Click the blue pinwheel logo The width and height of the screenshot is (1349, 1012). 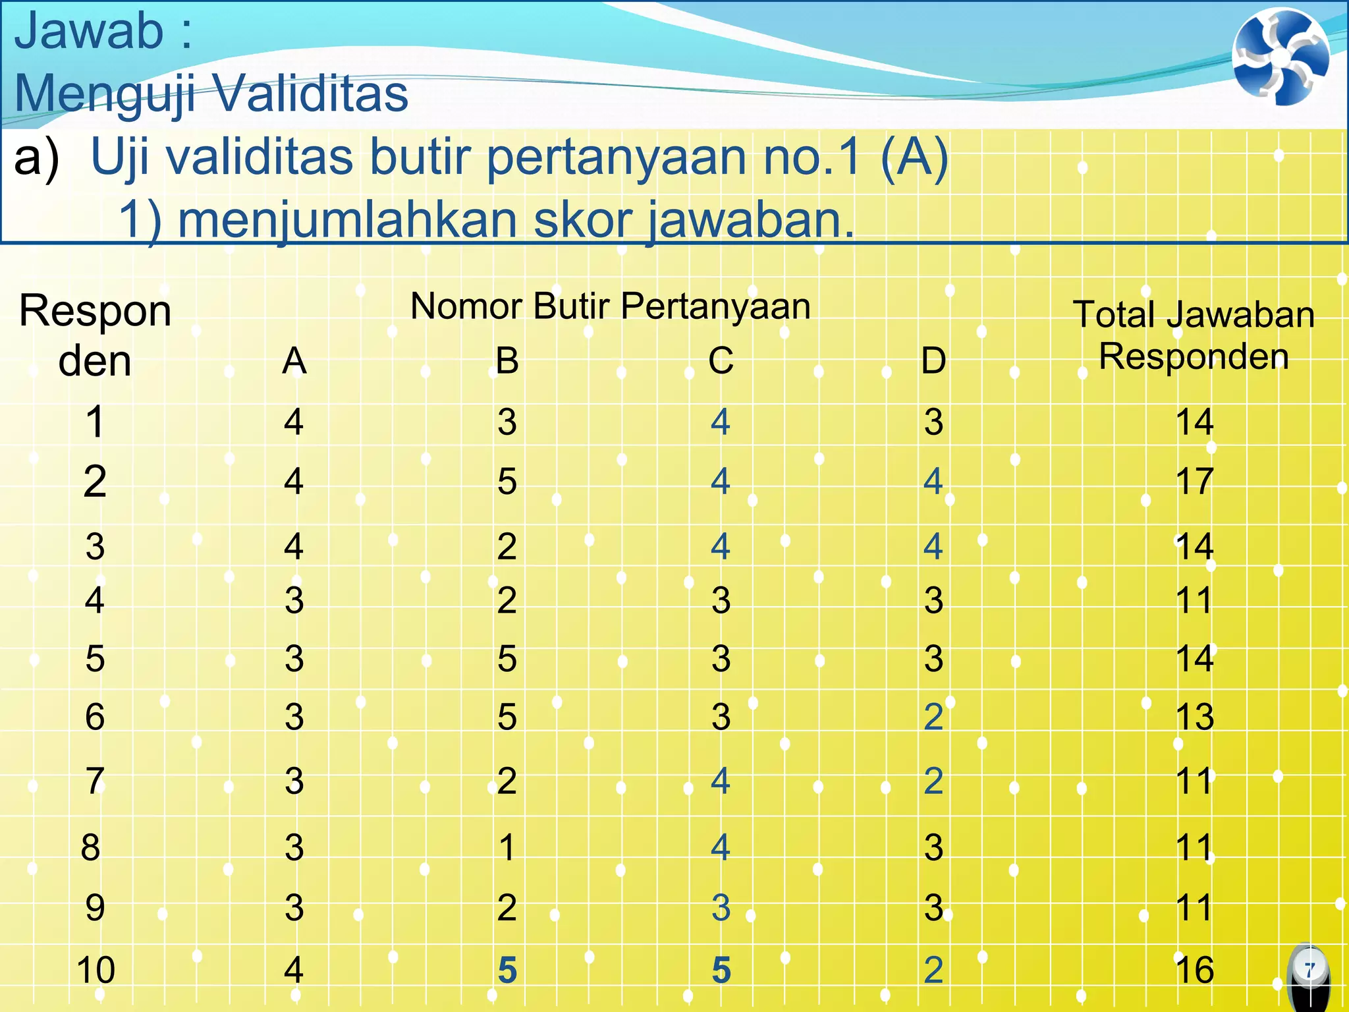tap(1280, 57)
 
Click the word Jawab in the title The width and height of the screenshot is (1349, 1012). tap(89, 31)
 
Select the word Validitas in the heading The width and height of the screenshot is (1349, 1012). tap(311, 94)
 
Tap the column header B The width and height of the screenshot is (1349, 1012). tap(507, 360)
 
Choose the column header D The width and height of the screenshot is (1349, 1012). tap(933, 360)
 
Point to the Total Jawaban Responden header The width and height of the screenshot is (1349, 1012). tap(1194, 335)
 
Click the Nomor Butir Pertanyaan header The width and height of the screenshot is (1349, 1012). tap(610, 306)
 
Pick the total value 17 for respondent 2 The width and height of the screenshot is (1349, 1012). tap(1194, 481)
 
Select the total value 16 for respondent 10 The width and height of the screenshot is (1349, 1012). tap(1194, 970)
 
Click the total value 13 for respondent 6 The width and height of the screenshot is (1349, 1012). tap(1194, 716)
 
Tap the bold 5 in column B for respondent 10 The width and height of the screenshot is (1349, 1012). tap(507, 970)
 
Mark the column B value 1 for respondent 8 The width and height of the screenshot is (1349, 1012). tap(507, 847)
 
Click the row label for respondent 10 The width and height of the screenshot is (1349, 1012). tap(96, 970)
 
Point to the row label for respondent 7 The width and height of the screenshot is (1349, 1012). tap(95, 781)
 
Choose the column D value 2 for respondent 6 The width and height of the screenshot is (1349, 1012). tap(933, 716)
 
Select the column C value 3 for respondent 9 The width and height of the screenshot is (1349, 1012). tap(721, 908)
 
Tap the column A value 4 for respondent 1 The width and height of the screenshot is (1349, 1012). tap(294, 422)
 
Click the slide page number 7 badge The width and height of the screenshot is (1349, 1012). tap(1309, 969)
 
